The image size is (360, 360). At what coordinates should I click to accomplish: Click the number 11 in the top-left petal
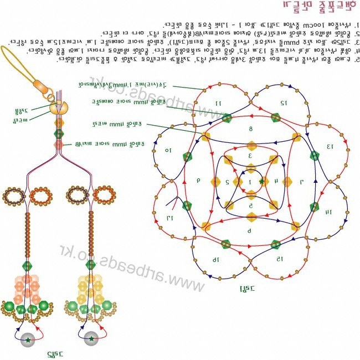(218, 103)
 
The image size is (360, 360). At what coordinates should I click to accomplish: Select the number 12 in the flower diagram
(283, 102)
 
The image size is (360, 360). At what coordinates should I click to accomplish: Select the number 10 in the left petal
(168, 150)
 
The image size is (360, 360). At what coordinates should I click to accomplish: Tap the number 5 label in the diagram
(250, 205)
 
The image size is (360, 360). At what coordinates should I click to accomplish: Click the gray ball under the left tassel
(28, 340)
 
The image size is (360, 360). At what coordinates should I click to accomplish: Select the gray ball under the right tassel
(91, 340)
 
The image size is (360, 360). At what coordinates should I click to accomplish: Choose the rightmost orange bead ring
(103, 194)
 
